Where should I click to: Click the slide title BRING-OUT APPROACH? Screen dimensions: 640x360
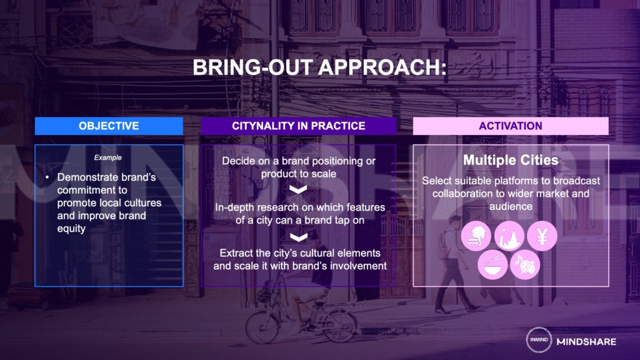tap(319, 67)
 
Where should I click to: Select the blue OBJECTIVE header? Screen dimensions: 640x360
tap(109, 126)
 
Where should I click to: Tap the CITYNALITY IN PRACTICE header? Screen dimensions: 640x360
tap(298, 126)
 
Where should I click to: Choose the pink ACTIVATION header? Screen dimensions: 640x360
tap(511, 126)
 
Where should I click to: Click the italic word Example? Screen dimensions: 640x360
tap(107, 157)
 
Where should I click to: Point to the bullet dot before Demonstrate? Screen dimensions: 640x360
tap(47, 177)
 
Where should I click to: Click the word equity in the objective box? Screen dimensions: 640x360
tap(71, 229)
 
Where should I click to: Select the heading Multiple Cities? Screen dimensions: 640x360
tap(511, 160)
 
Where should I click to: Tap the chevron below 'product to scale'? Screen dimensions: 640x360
tap(298, 190)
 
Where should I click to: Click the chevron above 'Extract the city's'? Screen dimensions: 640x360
tap(298, 237)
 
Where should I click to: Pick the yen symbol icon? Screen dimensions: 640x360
tap(542, 236)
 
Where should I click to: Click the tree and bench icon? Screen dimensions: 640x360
tap(476, 236)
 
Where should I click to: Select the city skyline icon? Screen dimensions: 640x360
tap(509, 236)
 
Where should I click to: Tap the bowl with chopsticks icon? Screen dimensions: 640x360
tap(492, 264)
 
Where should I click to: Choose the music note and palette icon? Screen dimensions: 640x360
tap(525, 264)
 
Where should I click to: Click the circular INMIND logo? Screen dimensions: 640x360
tap(539, 339)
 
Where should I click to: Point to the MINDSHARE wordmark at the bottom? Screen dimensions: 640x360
tap(586, 342)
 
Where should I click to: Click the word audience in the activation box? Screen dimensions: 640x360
tap(511, 206)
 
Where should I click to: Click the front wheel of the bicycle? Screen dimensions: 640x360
tap(262, 326)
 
